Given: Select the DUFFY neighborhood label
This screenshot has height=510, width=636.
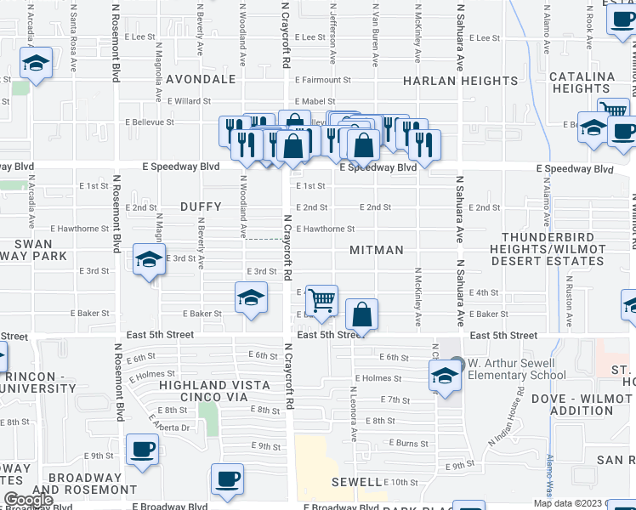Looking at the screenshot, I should pyautogui.click(x=201, y=207).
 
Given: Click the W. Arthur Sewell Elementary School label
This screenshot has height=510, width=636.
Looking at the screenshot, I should pyautogui.click(x=516, y=370).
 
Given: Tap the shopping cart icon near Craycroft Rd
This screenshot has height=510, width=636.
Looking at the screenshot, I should pyautogui.click(x=321, y=299).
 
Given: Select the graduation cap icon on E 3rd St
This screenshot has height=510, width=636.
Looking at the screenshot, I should pyautogui.click(x=149, y=260).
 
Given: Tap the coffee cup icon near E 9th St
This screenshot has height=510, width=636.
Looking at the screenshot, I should pyautogui.click(x=142, y=449).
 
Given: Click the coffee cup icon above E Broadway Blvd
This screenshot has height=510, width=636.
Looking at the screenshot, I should pyautogui.click(x=227, y=479).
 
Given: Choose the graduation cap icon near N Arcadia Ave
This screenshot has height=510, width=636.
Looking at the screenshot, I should pyautogui.click(x=36, y=63).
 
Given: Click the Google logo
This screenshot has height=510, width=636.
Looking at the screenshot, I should pyautogui.click(x=29, y=500).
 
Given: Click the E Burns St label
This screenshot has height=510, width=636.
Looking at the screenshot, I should pyautogui.click(x=409, y=443).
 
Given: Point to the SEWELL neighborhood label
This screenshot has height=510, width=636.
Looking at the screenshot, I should pyautogui.click(x=356, y=482).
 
